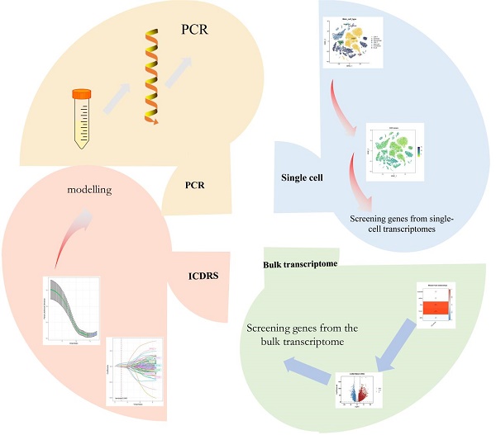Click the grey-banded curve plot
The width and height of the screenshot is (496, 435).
coord(71,311)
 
